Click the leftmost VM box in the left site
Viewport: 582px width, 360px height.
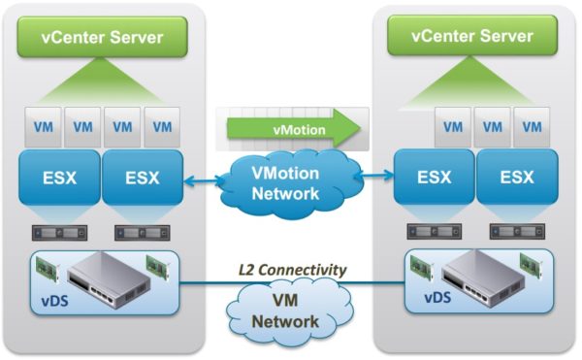click(x=43, y=126)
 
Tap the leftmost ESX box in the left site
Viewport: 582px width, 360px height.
click(x=61, y=179)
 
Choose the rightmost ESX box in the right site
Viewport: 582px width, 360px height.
click(x=518, y=179)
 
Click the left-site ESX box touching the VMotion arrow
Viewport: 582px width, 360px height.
click(x=142, y=179)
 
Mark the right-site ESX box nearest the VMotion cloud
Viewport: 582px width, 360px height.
click(x=432, y=179)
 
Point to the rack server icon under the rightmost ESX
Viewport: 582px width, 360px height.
click(x=518, y=232)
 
